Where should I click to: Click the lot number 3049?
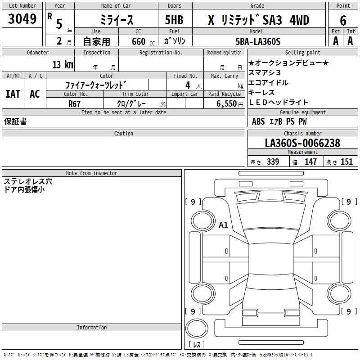click(22, 18)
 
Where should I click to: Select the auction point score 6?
click(343, 20)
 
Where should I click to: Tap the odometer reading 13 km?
click(63, 64)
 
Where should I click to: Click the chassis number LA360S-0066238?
click(302, 143)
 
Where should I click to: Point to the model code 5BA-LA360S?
click(258, 41)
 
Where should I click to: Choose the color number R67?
click(74, 104)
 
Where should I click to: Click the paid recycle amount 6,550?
click(226, 104)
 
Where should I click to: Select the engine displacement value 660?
click(139, 41)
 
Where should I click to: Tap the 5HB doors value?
click(174, 20)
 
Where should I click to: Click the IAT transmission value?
click(13, 94)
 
